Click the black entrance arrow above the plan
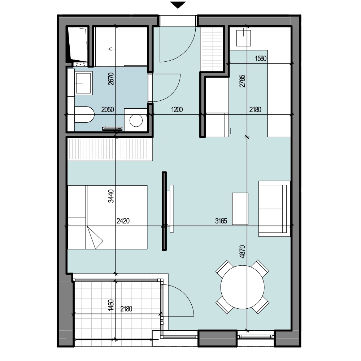[x=178, y=5]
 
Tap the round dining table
[x=243, y=287]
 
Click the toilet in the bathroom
[x=84, y=114]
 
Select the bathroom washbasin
[x=84, y=83]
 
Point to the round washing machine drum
[x=136, y=120]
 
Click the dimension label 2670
[x=111, y=79]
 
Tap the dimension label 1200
[x=177, y=109]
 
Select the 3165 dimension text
[x=221, y=221]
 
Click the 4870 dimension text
[x=242, y=252]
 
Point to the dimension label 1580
[x=261, y=58]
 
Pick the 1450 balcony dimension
[x=111, y=305]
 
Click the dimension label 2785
[x=242, y=81]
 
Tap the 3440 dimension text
[x=111, y=196]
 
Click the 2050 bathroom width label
[x=108, y=109]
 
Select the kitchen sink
[x=244, y=38]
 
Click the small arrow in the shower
[x=113, y=49]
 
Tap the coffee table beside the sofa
[x=240, y=209]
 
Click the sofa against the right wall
[x=274, y=209]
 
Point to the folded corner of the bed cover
[x=94, y=238]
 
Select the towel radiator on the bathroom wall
[x=112, y=129]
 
